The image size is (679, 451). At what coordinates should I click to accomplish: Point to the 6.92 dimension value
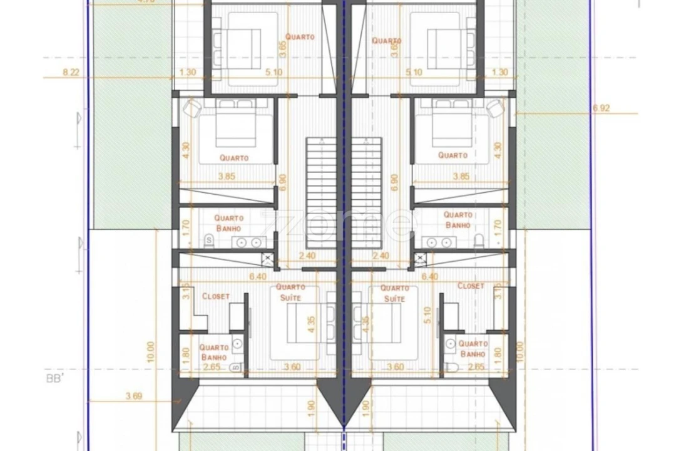click(x=601, y=108)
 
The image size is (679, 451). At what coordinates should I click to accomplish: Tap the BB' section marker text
click(x=56, y=379)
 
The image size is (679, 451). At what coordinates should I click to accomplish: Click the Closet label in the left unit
click(x=216, y=296)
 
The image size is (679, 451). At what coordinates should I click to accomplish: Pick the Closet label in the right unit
click(x=471, y=286)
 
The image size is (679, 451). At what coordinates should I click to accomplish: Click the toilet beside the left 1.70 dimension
click(x=208, y=239)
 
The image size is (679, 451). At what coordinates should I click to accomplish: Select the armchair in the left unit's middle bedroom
click(x=191, y=108)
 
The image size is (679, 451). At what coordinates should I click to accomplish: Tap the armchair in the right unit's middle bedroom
click(x=494, y=107)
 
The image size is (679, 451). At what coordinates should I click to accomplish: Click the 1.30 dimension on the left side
click(x=187, y=72)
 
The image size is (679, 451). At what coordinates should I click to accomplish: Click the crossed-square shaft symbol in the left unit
click(x=267, y=257)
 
